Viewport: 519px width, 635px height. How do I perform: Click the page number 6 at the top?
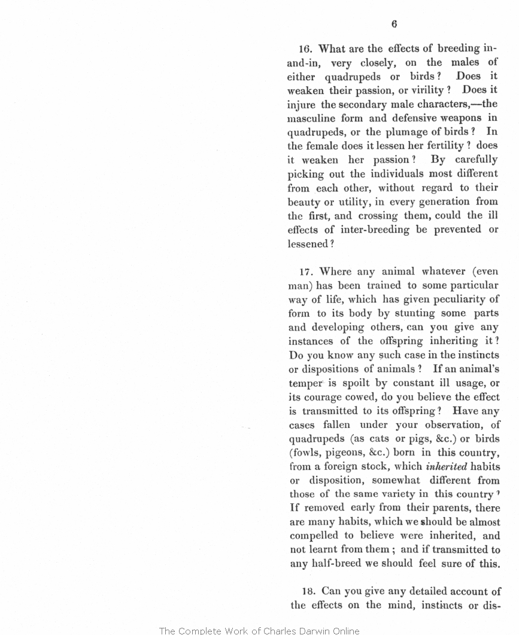(x=394, y=25)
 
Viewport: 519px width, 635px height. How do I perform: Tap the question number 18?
(x=308, y=591)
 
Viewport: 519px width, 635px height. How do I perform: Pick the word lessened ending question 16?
(x=308, y=244)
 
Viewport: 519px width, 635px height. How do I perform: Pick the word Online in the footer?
(x=344, y=630)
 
